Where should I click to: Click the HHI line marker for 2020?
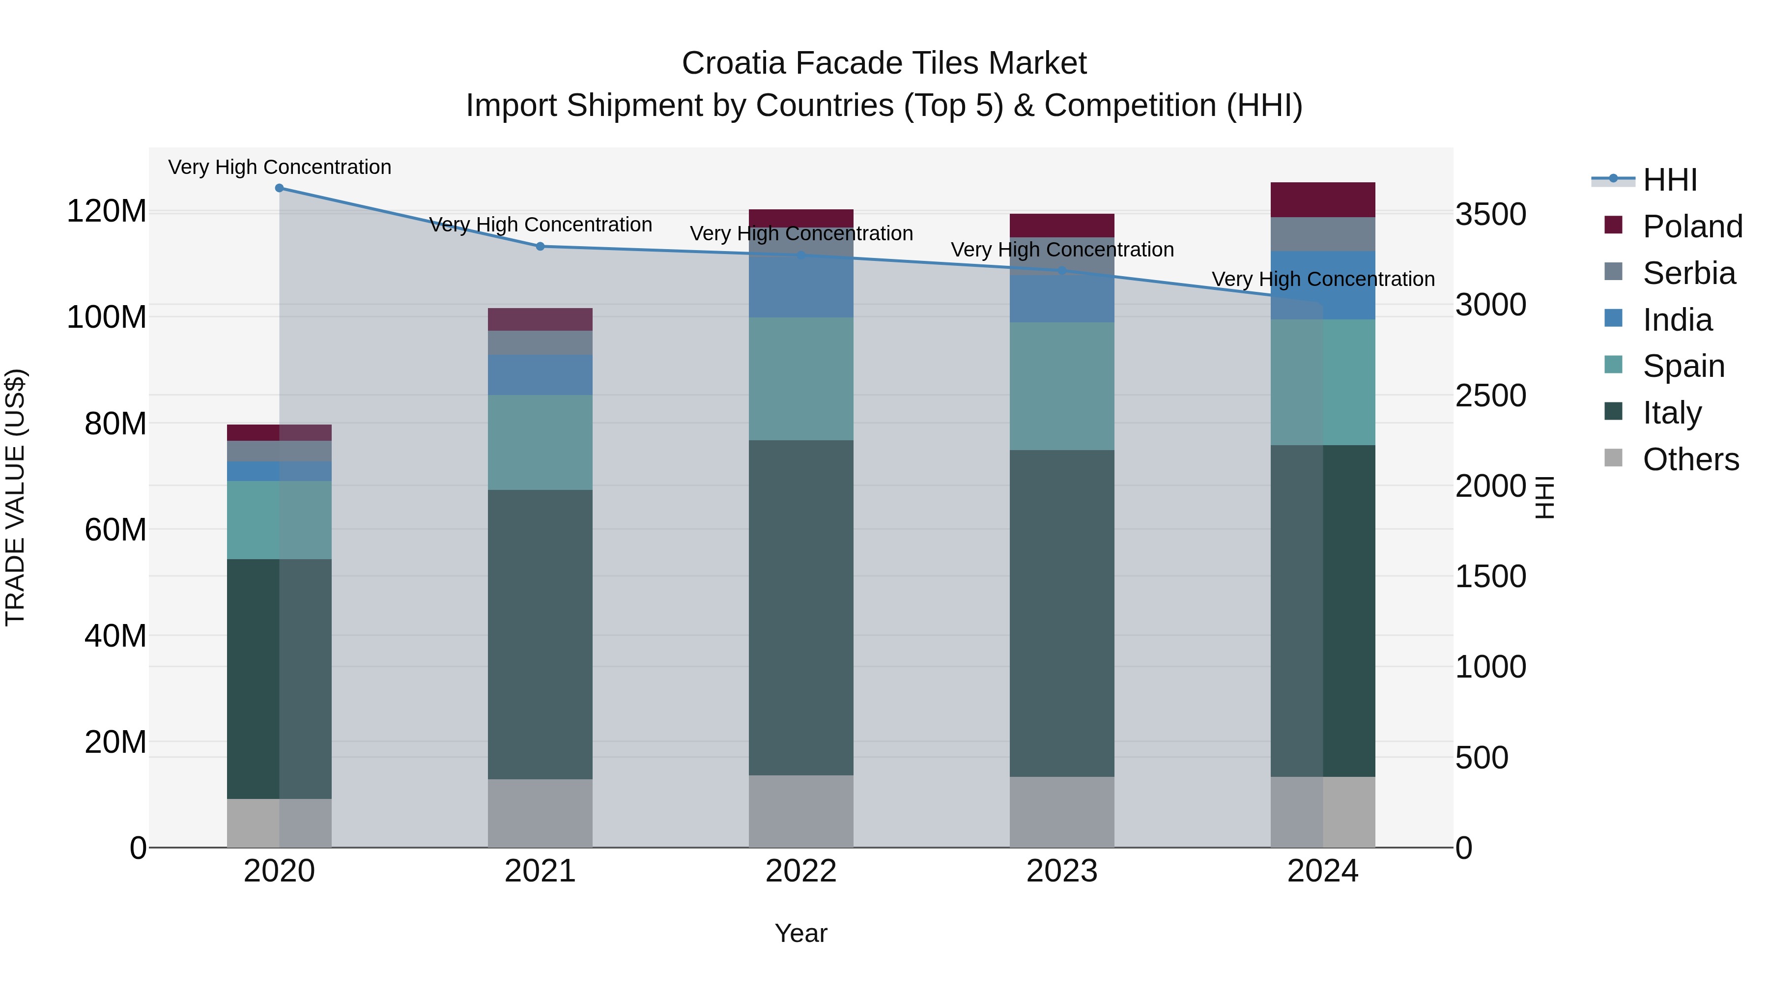click(x=280, y=188)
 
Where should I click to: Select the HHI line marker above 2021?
click(x=541, y=247)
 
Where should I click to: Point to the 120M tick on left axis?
click(x=107, y=211)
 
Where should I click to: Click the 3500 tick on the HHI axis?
click(x=1491, y=214)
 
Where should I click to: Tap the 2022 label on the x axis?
click(x=801, y=871)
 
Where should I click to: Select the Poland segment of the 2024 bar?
click(x=1323, y=200)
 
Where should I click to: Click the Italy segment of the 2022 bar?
click(x=801, y=608)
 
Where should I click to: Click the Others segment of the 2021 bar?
click(x=541, y=813)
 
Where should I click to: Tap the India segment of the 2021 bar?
click(x=541, y=375)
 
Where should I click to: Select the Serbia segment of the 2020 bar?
click(x=280, y=451)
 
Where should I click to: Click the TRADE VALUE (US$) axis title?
click(x=15, y=497)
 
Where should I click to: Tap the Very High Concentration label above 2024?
click(x=1323, y=280)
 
